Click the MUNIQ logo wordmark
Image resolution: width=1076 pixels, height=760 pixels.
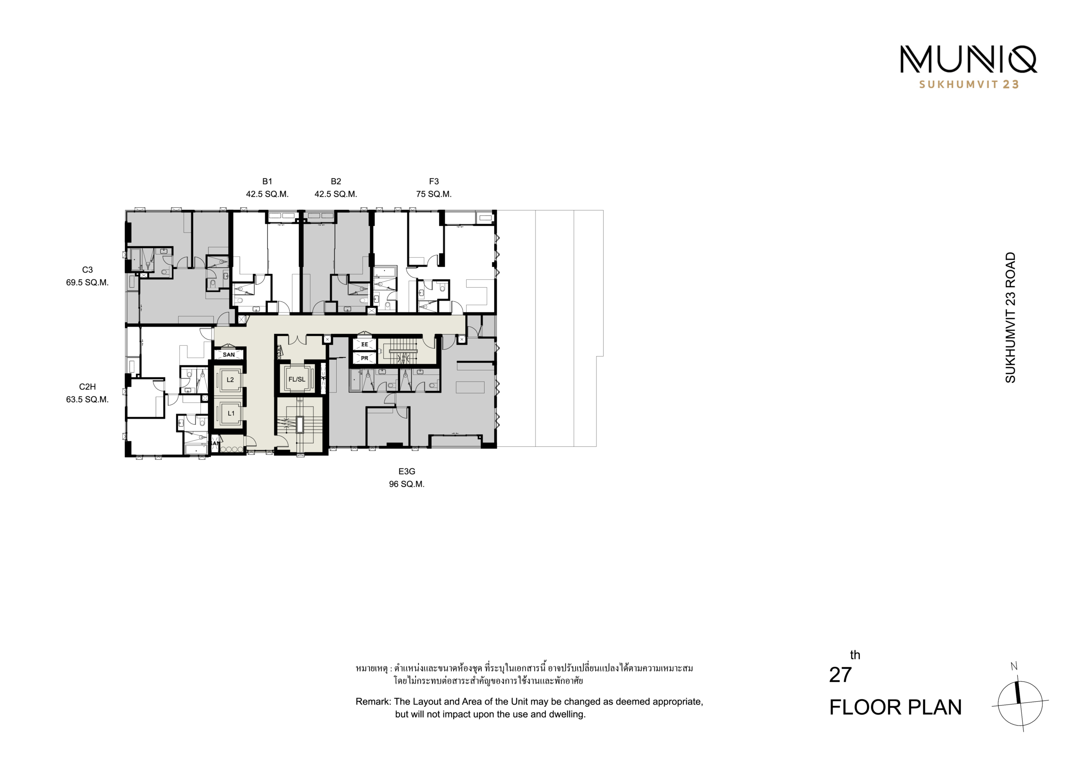click(968, 60)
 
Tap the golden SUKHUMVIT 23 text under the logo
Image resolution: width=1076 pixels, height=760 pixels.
click(969, 85)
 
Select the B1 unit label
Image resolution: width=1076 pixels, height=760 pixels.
click(267, 182)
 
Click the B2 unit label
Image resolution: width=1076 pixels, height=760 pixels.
click(335, 182)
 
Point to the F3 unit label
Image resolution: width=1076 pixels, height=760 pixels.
click(434, 182)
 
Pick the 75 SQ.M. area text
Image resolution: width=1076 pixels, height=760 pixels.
click(434, 194)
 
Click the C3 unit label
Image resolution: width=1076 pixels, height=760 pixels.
click(87, 270)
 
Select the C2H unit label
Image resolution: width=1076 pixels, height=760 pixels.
click(87, 387)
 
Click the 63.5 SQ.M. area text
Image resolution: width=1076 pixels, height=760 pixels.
click(87, 400)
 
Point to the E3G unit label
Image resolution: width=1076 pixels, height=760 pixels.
click(407, 472)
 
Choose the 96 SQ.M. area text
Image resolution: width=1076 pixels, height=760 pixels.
click(407, 484)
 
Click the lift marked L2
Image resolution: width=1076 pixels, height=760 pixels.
click(230, 380)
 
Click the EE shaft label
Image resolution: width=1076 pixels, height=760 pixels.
click(364, 345)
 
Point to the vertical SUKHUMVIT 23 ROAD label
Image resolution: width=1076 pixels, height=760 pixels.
click(1011, 317)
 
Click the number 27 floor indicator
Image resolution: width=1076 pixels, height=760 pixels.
click(840, 675)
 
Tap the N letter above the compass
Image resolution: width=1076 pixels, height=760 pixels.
click(1014, 666)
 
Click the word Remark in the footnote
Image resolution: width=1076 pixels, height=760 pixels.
click(373, 702)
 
